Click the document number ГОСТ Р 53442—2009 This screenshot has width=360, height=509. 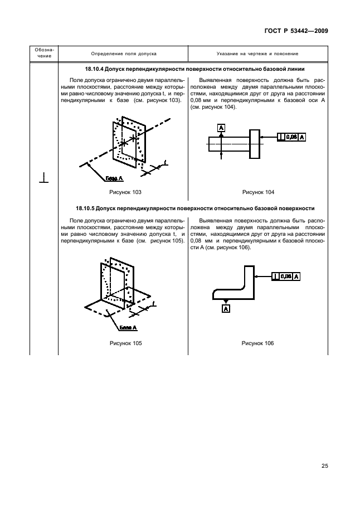tap(296, 31)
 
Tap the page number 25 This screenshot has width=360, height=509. tap(325, 466)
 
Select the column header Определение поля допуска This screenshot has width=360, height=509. tap(124, 54)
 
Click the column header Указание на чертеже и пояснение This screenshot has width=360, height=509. tap(257, 54)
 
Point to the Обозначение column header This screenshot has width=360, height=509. tap(45, 53)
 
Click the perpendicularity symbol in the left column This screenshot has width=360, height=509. tap(44, 178)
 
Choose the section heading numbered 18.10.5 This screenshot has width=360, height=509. tap(195, 209)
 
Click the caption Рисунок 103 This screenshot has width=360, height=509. tap(125, 192)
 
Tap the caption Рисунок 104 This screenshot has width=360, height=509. tap(258, 192)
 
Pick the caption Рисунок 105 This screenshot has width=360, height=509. tap(125, 343)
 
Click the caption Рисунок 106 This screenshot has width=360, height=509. tap(258, 343)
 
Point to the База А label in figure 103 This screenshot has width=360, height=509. tap(114, 178)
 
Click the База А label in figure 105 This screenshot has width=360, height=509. tap(128, 328)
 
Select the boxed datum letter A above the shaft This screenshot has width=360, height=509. tap(221, 128)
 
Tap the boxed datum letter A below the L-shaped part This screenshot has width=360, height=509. tap(226, 309)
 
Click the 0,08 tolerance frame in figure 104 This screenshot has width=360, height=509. tap(291, 137)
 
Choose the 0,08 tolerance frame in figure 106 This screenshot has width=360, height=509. tap(286, 277)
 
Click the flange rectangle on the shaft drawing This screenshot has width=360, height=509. tap(255, 144)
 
